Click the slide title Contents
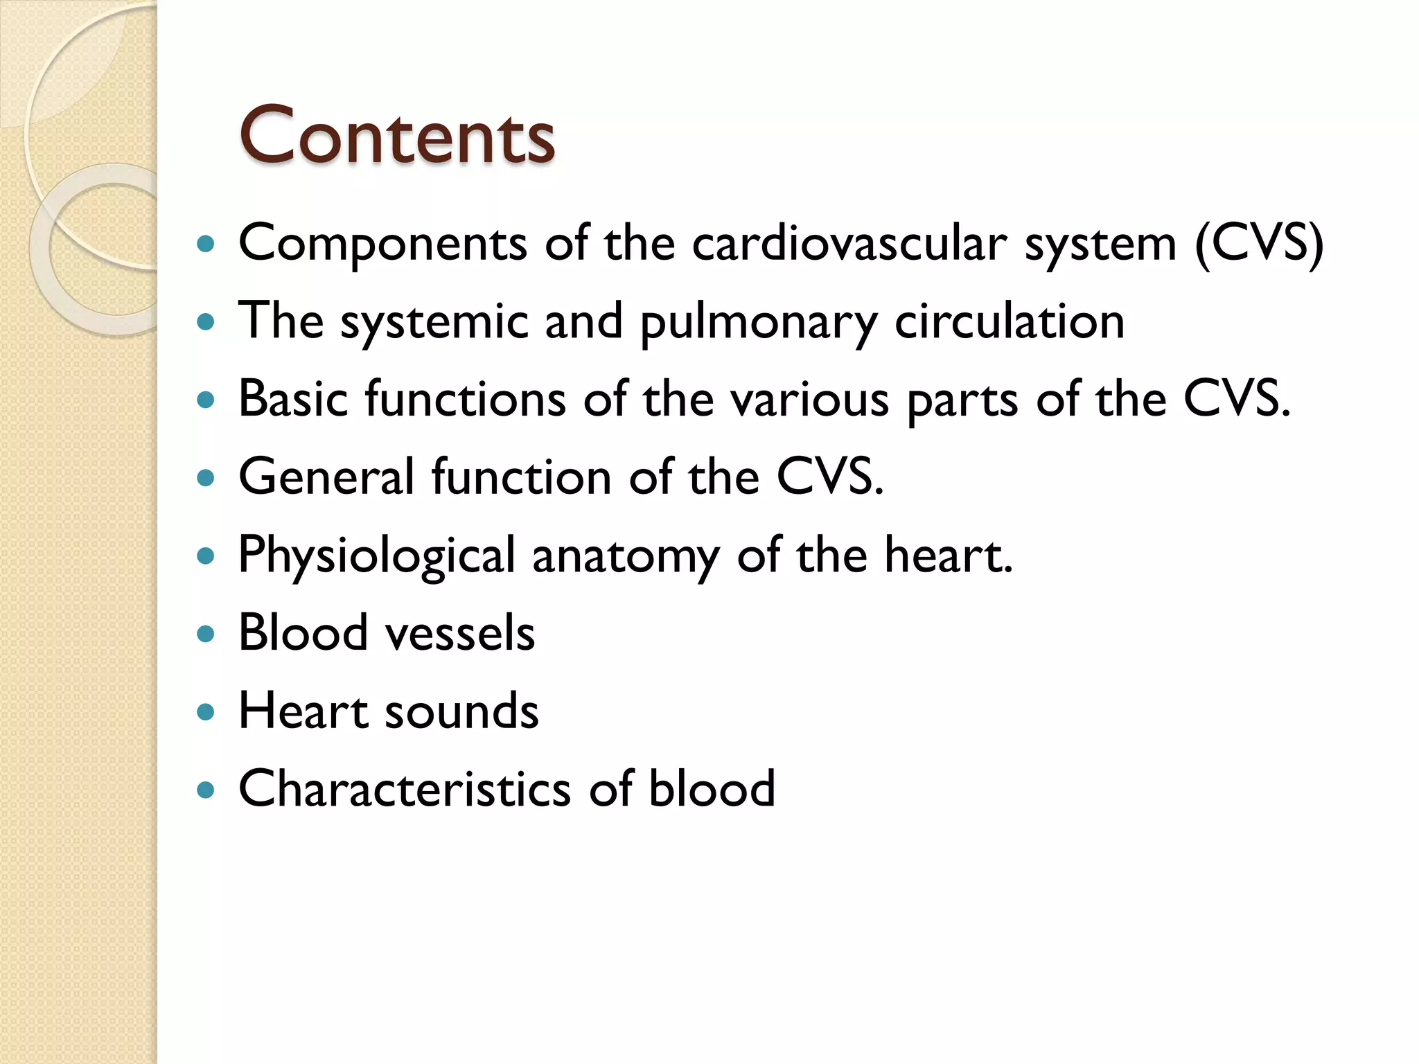(396, 136)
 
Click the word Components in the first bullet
(382, 244)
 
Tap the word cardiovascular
(849, 244)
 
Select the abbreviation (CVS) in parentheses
(1259, 244)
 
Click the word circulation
(1010, 321)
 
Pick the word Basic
(293, 400)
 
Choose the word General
(326, 477)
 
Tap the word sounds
(461, 711)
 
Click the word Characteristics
(405, 789)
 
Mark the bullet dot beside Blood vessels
(205, 634)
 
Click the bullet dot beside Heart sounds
(205, 712)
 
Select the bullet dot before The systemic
(205, 322)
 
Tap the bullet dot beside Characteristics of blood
(205, 790)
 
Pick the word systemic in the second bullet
(434, 323)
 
